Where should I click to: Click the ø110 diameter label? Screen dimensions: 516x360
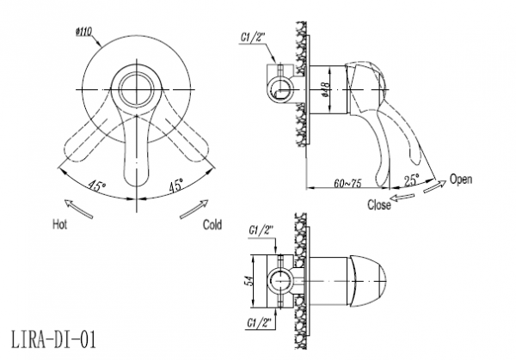(x=83, y=32)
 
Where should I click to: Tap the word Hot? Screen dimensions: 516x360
(x=59, y=224)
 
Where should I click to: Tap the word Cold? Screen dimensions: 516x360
(x=212, y=225)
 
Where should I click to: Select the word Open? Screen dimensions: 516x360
(x=461, y=180)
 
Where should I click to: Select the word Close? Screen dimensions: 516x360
(x=379, y=204)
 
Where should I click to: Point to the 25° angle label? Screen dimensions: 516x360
(x=411, y=180)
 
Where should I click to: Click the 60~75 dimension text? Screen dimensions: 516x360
(x=347, y=183)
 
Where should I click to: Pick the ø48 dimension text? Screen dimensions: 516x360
(x=325, y=89)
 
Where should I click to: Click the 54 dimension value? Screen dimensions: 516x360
(x=249, y=282)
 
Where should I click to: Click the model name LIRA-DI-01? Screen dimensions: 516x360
(x=54, y=339)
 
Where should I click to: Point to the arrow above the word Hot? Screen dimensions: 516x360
(x=78, y=209)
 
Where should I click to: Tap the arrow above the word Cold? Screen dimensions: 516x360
(x=194, y=209)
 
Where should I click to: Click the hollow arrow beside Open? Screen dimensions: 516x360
(x=434, y=186)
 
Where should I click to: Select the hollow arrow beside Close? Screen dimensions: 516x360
(x=402, y=198)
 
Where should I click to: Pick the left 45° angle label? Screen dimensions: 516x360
(x=96, y=186)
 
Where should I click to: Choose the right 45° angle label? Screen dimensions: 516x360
(x=176, y=186)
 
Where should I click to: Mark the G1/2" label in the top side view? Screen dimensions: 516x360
(x=252, y=38)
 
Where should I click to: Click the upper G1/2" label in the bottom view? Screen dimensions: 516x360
(x=261, y=229)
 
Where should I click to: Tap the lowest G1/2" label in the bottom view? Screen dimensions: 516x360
(x=261, y=323)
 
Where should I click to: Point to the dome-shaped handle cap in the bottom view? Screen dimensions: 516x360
(x=368, y=282)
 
